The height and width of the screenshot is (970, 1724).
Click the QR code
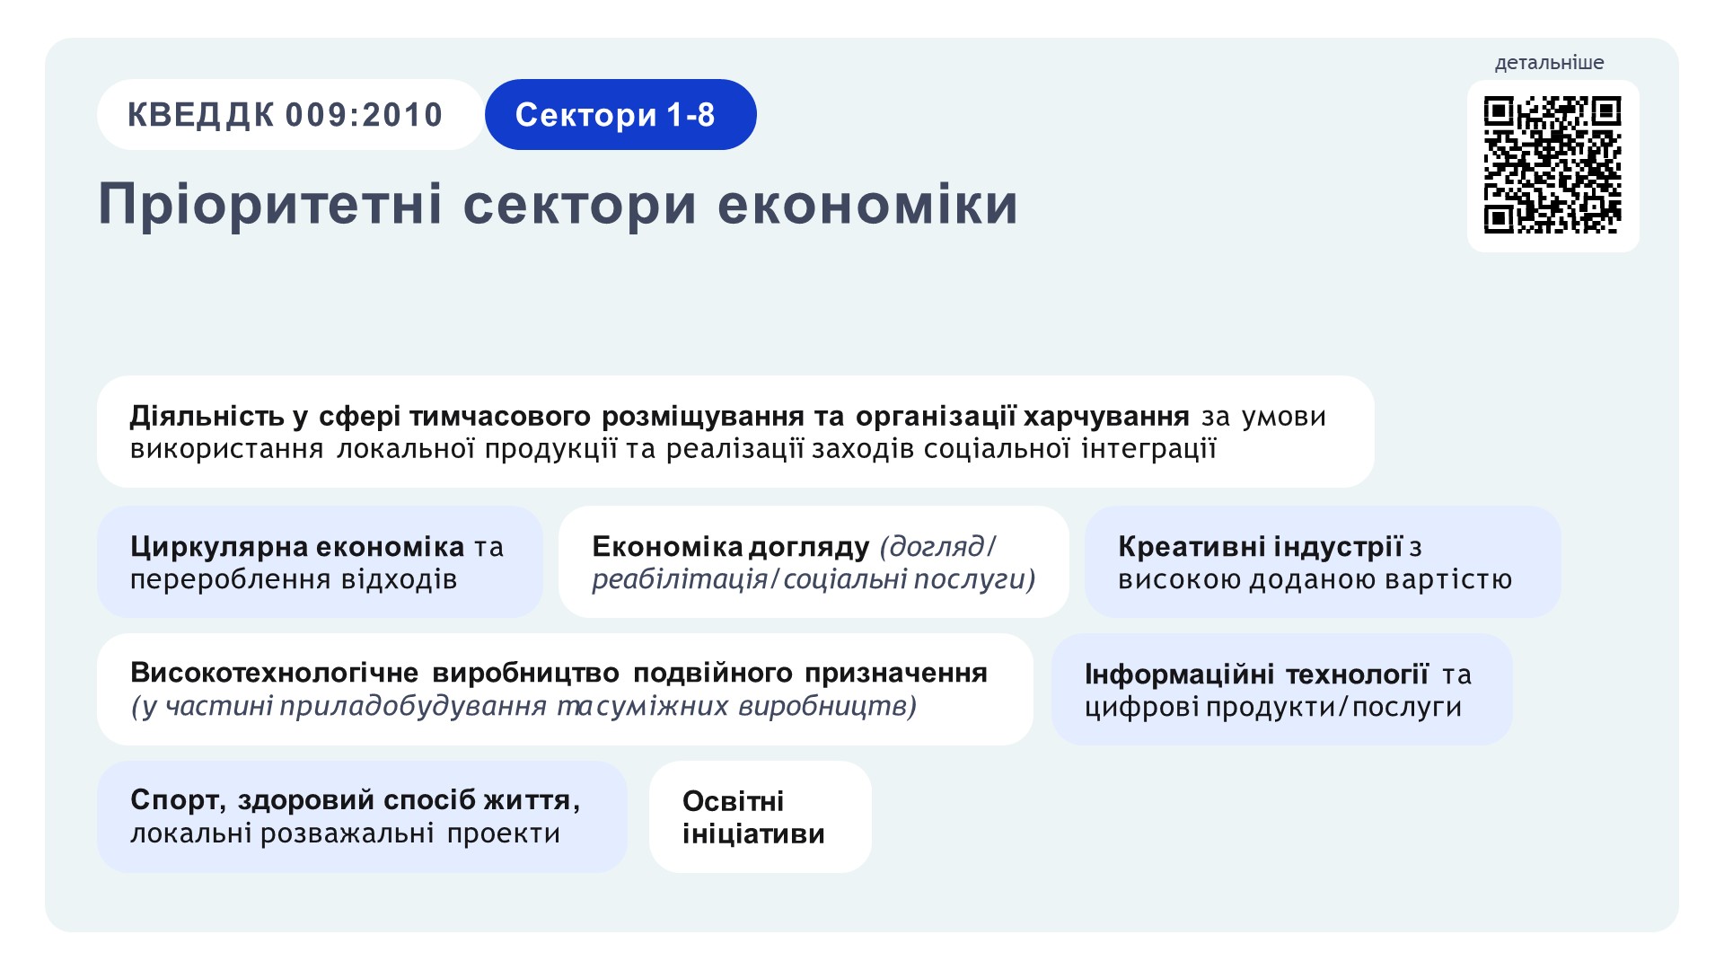(1552, 165)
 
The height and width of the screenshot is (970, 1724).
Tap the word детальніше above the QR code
(1549, 63)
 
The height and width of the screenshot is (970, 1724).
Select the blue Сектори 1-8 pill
(620, 114)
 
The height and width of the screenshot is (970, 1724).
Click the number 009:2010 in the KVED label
(364, 115)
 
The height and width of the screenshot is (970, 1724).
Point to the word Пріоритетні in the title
(270, 206)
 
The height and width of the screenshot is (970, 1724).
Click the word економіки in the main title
(868, 204)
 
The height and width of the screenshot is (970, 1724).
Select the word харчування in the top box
(1106, 417)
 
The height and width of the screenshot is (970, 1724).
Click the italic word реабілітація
(680, 579)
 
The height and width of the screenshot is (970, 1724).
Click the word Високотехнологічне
(274, 673)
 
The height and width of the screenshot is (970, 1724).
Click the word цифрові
(1141, 708)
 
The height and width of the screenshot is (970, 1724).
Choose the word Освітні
(733, 800)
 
